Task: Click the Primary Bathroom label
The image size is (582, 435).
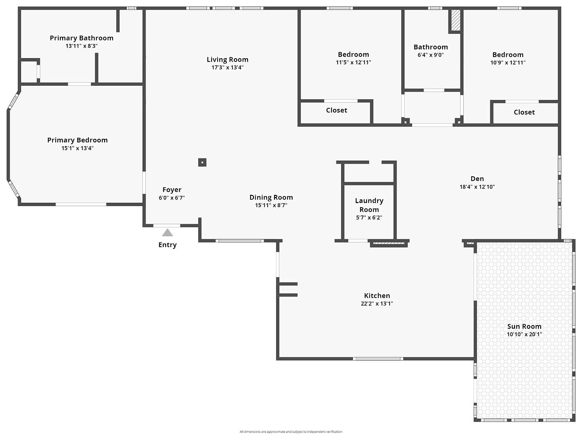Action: [x=82, y=38]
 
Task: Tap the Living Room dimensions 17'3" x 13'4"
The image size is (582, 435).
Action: [x=227, y=68]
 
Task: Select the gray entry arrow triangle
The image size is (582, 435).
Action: [x=167, y=233]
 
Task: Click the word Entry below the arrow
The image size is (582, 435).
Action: [x=167, y=245]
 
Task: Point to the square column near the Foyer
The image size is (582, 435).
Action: [x=202, y=162]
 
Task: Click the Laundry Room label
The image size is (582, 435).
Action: [x=369, y=205]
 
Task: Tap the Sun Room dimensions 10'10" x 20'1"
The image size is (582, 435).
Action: [x=524, y=334]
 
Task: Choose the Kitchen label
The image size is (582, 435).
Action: [x=377, y=296]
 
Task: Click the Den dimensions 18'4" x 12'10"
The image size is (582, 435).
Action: [x=477, y=187]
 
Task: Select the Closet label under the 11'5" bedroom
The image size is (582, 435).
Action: [x=336, y=110]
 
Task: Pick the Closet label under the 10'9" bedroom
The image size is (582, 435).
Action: [x=524, y=112]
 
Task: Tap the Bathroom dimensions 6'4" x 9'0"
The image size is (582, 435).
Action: [x=431, y=55]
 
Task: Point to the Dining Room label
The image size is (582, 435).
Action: [x=271, y=197]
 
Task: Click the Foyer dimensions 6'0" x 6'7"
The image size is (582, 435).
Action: [x=172, y=198]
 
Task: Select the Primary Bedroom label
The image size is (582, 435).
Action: [x=77, y=140]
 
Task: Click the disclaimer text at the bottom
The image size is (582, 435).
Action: [x=291, y=432]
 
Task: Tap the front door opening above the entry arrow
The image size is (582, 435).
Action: [x=167, y=226]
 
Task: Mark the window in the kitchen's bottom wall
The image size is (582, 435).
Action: [x=378, y=359]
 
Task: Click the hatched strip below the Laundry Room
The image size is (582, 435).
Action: [x=389, y=243]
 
